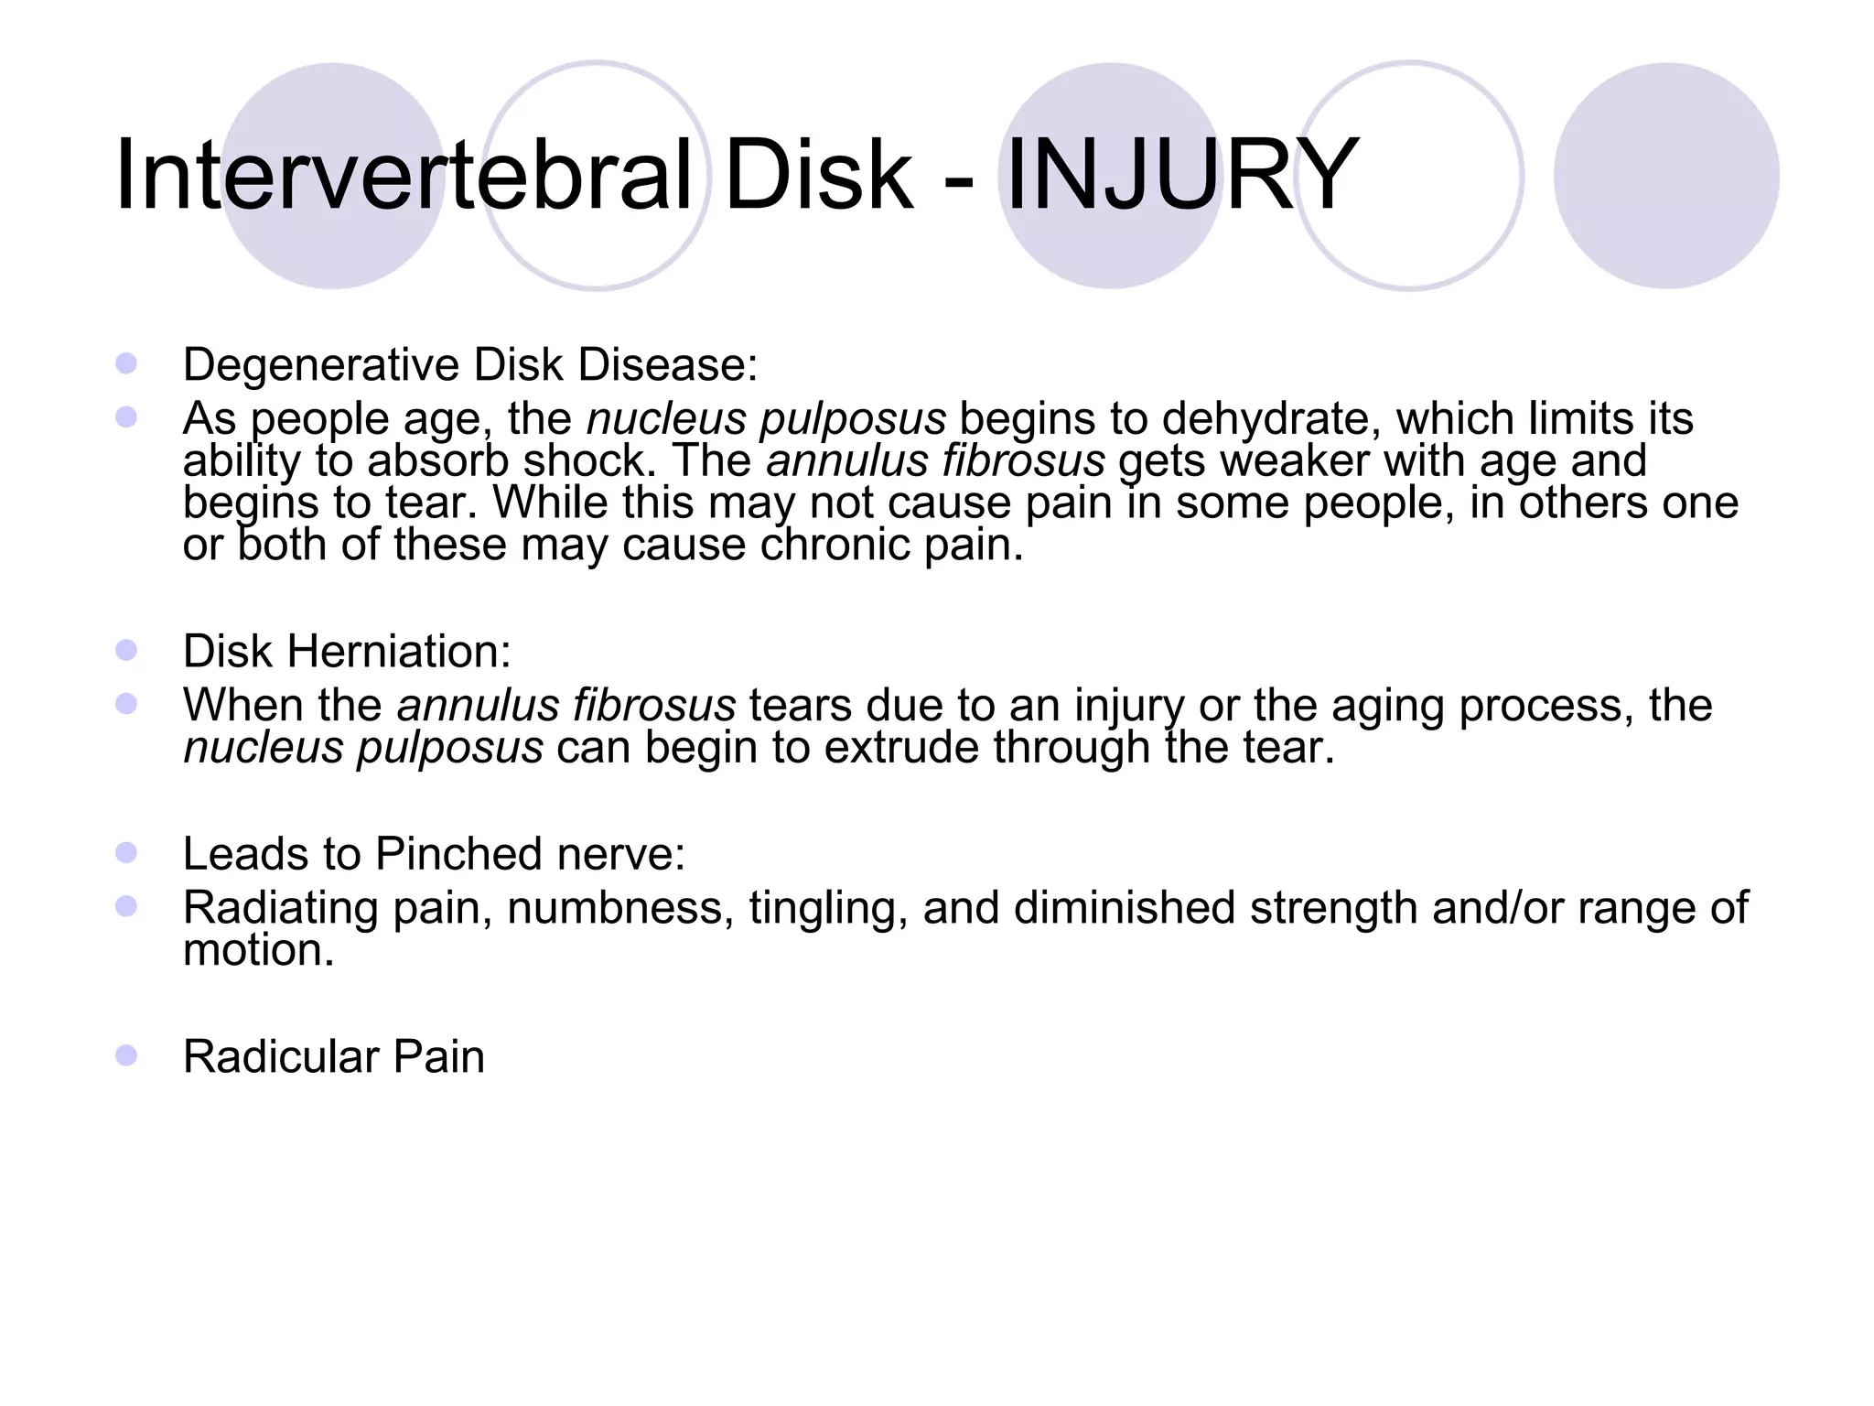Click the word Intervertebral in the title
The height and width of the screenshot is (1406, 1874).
[x=403, y=174]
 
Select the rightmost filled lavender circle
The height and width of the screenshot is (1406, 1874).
[x=1666, y=176]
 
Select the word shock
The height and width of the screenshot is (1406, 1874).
[x=589, y=460]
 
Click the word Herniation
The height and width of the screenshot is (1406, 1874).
[x=399, y=652]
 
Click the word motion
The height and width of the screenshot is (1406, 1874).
[x=258, y=950]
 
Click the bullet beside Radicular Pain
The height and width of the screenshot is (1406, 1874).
[x=126, y=1056]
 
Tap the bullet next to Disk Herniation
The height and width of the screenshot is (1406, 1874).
[x=126, y=651]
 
